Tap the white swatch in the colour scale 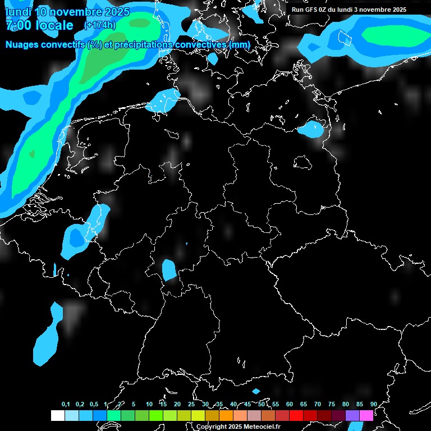coord(58,415)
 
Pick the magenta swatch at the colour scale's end coord(366,415)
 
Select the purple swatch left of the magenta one coord(352,415)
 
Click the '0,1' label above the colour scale coord(66,405)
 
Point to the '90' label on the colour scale coord(373,405)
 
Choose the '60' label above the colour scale coord(289,405)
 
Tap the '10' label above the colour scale coord(149,405)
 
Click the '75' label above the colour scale coord(331,405)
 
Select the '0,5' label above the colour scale coord(94,405)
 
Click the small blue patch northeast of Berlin coord(310,130)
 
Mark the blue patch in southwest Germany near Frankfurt coord(168,270)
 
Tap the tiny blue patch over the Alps coord(256,391)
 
